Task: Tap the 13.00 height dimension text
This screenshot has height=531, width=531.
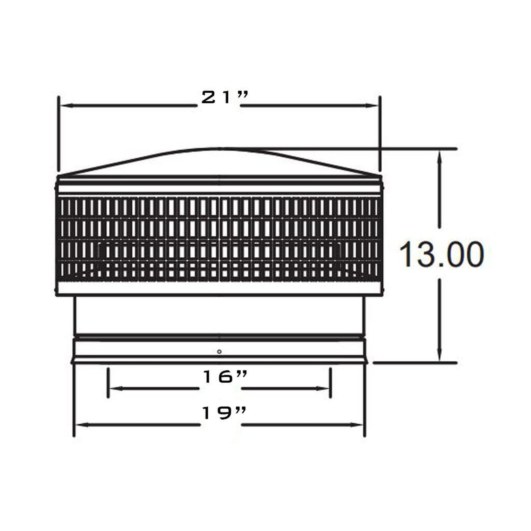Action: pyautogui.click(x=441, y=255)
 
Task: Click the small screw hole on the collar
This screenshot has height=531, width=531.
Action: pyautogui.click(x=219, y=352)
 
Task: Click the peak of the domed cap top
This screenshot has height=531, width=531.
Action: pyautogui.click(x=219, y=149)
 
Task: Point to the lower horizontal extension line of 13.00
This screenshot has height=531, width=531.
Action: pyautogui.click(x=415, y=363)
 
